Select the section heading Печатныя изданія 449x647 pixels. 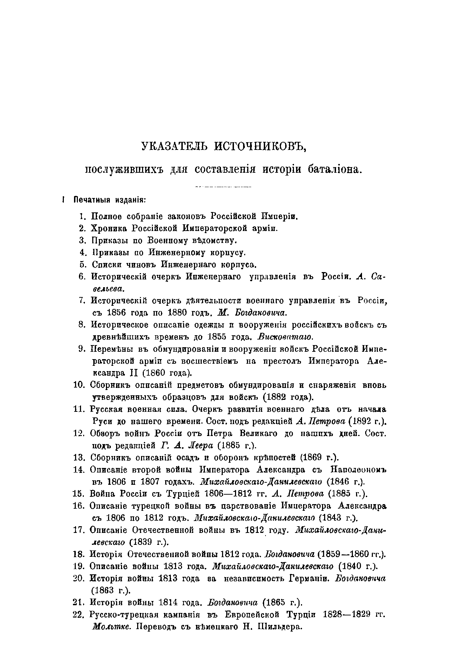[x=109, y=200]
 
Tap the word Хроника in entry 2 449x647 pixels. [x=109, y=228]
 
